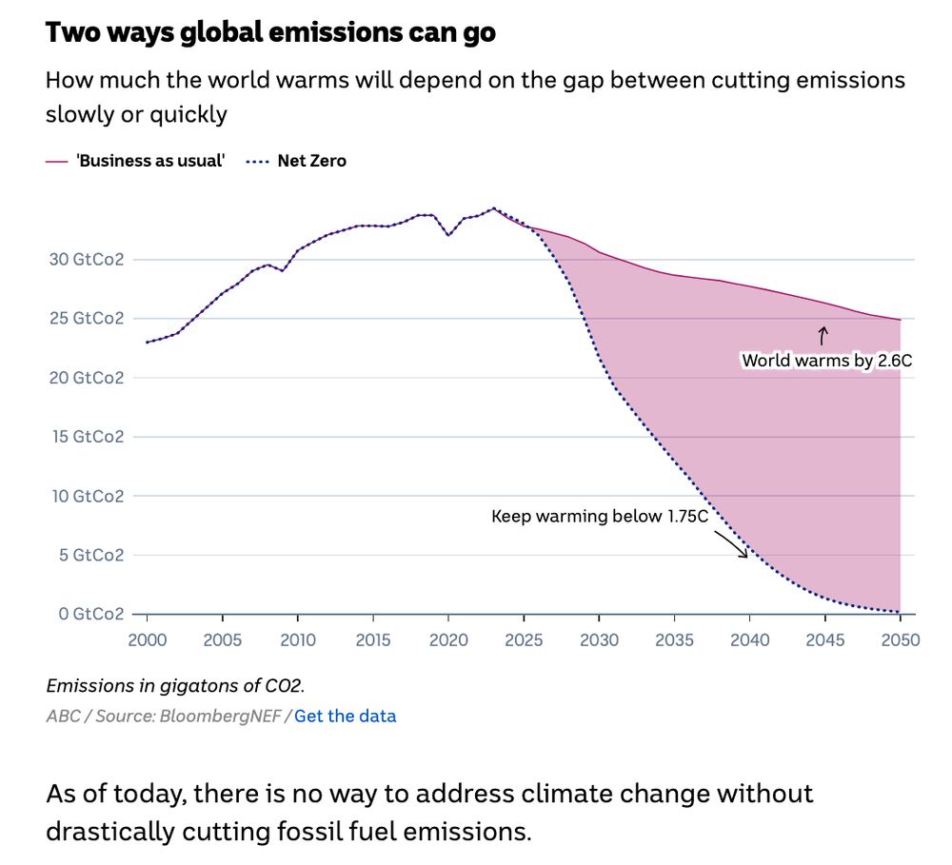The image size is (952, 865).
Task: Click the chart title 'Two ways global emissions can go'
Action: point(270,32)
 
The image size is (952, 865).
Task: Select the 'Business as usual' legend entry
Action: point(149,161)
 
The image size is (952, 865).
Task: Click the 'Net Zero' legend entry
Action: point(311,161)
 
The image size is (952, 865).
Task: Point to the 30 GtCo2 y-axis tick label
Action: point(91,260)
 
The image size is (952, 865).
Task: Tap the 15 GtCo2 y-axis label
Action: point(91,437)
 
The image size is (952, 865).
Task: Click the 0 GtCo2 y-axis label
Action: point(91,614)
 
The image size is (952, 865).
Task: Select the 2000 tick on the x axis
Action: point(147,640)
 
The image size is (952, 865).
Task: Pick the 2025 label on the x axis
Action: point(524,640)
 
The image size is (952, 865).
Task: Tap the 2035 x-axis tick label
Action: point(674,640)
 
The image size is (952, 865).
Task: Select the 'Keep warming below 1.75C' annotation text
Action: point(600,517)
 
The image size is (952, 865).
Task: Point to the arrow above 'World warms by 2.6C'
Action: point(823,335)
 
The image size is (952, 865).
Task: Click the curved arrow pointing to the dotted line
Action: point(731,543)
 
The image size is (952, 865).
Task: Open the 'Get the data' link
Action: point(345,717)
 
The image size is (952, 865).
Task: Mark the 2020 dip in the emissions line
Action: point(448,235)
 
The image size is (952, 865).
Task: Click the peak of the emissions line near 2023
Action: point(493,208)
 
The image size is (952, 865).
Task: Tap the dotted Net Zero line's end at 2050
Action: point(900,612)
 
